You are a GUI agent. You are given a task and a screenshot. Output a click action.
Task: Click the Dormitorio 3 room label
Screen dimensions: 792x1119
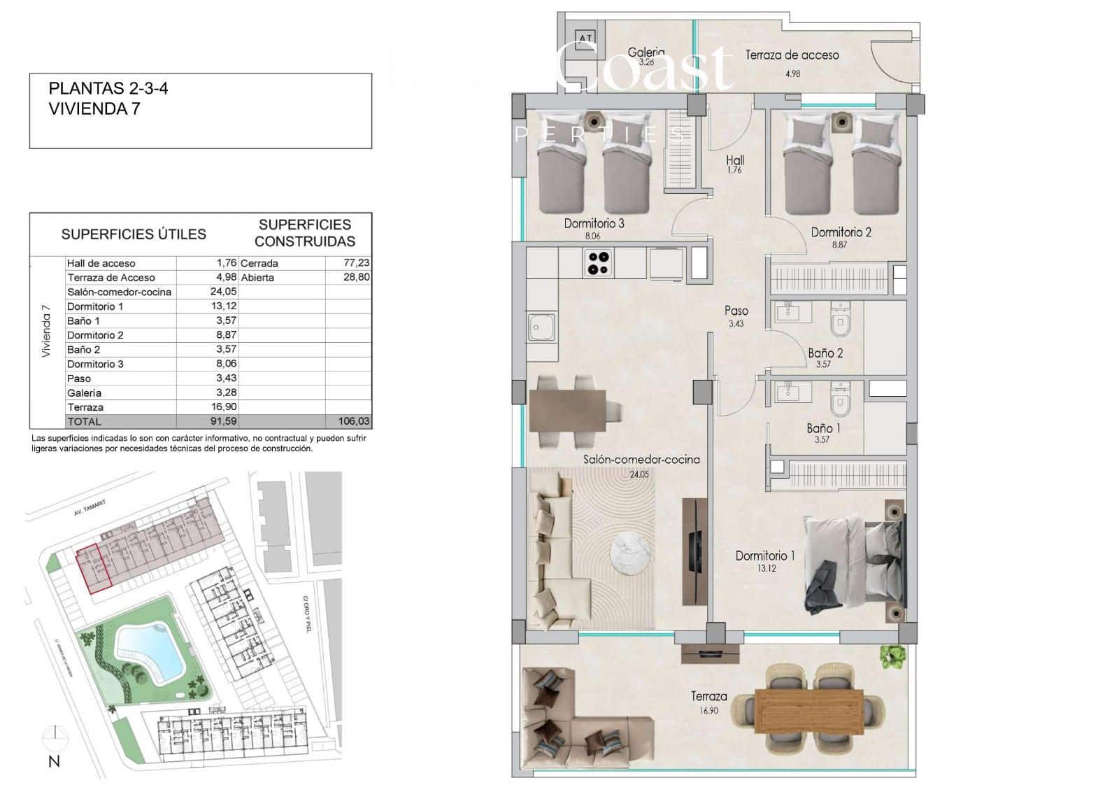(594, 224)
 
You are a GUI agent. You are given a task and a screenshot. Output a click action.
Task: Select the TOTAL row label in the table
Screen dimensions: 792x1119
(84, 421)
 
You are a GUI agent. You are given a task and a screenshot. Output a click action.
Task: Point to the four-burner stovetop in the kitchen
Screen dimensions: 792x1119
(599, 263)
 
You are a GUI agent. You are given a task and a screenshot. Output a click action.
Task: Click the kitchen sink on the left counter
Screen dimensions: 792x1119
(542, 327)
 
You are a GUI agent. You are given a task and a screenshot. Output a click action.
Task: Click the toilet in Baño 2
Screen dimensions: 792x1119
(839, 322)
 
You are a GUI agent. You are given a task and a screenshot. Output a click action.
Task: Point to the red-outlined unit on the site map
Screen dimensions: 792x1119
(92, 568)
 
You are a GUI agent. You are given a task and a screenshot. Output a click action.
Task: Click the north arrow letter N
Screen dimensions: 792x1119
(54, 762)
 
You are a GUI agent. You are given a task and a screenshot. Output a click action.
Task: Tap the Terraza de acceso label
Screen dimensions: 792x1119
(792, 55)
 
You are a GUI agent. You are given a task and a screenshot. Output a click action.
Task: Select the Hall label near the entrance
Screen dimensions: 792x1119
(735, 160)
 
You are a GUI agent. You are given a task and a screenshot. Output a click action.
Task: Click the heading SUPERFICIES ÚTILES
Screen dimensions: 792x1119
(134, 234)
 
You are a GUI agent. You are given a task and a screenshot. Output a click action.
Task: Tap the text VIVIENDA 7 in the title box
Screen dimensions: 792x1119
(94, 108)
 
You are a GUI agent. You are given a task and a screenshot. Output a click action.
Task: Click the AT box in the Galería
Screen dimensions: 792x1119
(585, 38)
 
